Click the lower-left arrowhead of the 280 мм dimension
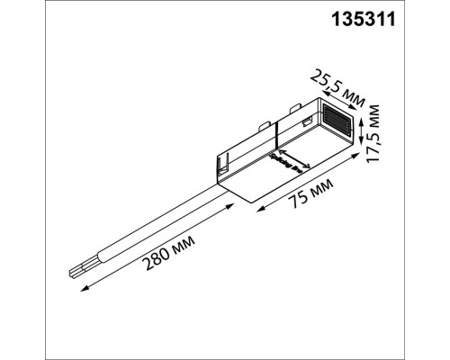[84, 290]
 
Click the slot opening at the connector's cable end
[221, 166]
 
